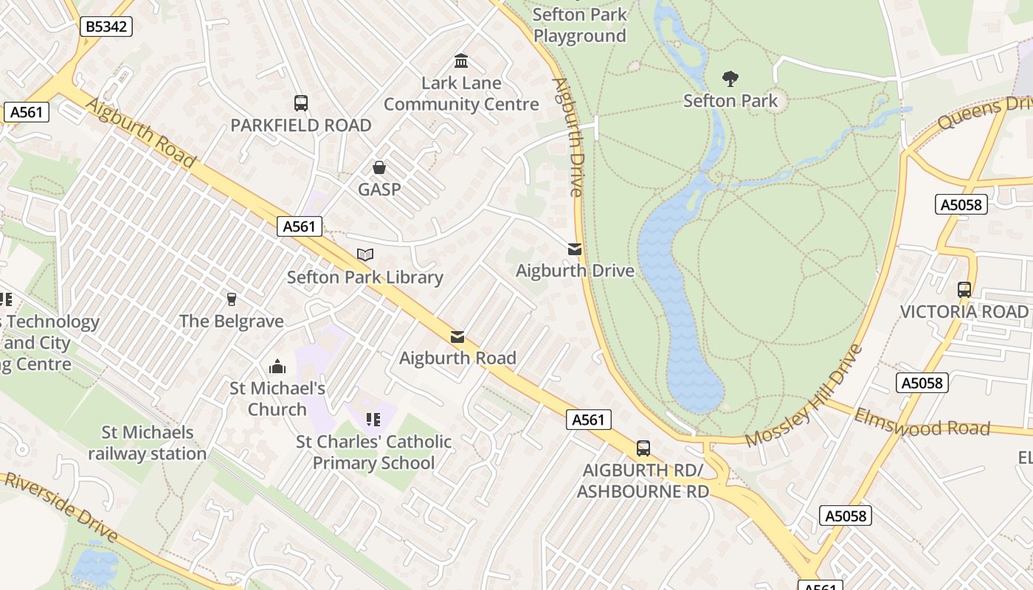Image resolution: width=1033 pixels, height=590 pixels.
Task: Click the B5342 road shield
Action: [106, 27]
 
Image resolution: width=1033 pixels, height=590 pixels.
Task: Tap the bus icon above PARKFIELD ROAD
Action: [300, 103]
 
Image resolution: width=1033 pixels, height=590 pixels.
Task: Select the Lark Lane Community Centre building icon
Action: [461, 60]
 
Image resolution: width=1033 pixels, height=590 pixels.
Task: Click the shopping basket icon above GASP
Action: [379, 167]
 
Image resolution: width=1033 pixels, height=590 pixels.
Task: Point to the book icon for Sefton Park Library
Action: [365, 254]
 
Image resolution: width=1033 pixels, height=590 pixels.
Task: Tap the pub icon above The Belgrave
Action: [232, 299]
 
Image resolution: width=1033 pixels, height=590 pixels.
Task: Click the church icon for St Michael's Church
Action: [277, 366]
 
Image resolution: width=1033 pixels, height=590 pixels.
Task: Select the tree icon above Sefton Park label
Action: [730, 78]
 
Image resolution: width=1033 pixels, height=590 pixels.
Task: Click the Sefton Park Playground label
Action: [579, 25]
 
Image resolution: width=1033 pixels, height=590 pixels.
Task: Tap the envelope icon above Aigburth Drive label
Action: [575, 249]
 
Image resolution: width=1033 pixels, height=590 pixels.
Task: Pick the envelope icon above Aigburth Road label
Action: [457, 337]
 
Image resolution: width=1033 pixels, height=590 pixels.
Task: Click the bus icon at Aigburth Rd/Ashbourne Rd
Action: [643, 448]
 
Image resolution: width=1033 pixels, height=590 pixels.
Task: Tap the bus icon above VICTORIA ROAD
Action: [964, 289]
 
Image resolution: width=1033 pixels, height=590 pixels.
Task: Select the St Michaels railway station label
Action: [148, 442]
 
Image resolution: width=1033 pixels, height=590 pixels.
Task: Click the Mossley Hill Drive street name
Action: [804, 396]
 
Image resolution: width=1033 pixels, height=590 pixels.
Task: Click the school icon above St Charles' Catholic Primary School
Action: [373, 420]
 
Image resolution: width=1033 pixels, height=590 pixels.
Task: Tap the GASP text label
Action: [379, 190]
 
